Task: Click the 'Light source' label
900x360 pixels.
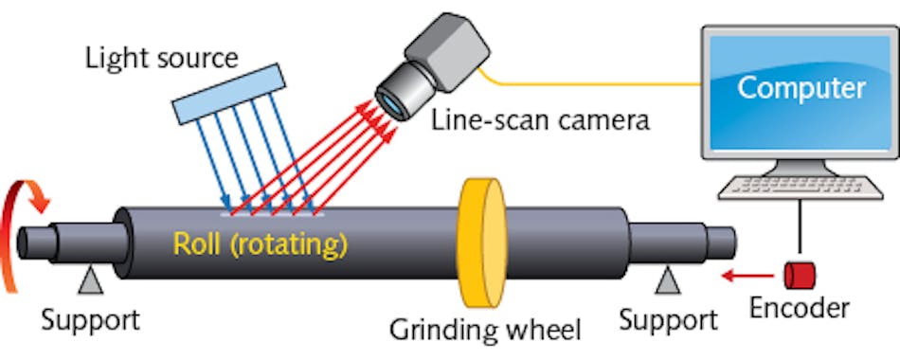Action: pyautogui.click(x=161, y=58)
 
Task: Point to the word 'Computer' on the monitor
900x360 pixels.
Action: pyautogui.click(x=801, y=88)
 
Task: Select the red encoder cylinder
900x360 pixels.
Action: pyautogui.click(x=798, y=276)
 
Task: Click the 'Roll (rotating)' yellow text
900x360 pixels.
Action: pyautogui.click(x=261, y=244)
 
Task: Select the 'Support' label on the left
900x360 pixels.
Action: pyautogui.click(x=89, y=318)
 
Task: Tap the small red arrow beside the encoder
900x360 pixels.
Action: pyautogui.click(x=744, y=277)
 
